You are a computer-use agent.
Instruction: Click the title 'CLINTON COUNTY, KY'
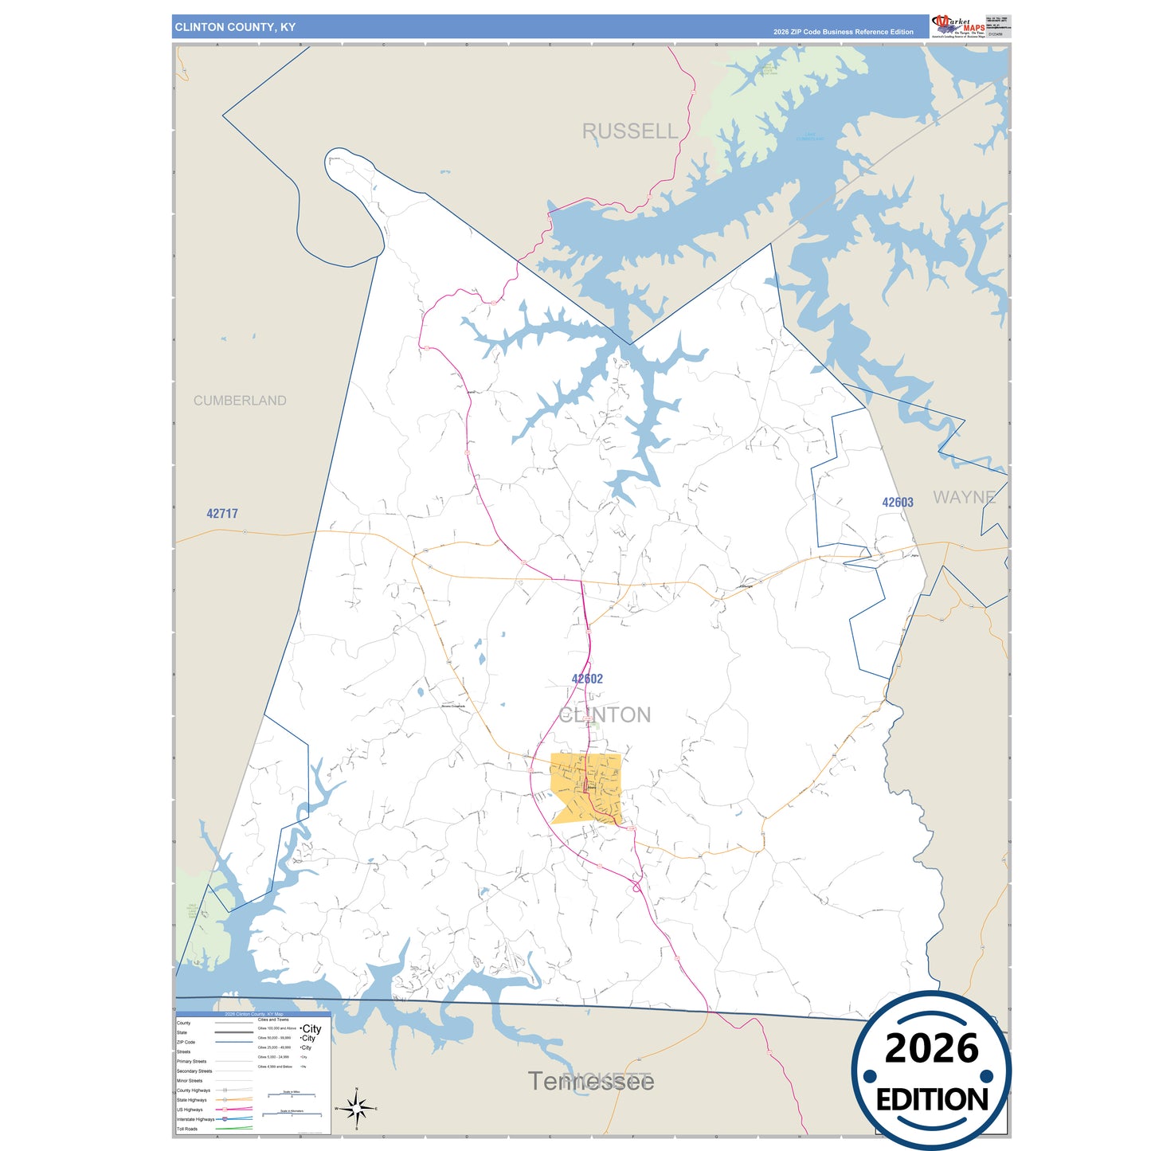tap(235, 27)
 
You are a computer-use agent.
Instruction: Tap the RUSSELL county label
tap(629, 131)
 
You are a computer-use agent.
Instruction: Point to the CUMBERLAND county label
tap(240, 401)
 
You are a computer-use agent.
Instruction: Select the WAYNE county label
tap(964, 497)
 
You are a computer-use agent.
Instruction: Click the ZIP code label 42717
tap(222, 514)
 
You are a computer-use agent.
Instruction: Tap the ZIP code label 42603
tap(898, 503)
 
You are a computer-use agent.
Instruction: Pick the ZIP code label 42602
tap(587, 679)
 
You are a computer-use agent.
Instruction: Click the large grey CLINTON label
tap(605, 714)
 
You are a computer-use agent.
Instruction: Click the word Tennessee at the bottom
tap(590, 1081)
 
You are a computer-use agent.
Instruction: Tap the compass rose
tap(357, 1108)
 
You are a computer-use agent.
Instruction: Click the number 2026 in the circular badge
tap(931, 1048)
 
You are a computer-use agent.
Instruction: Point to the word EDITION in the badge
tap(932, 1100)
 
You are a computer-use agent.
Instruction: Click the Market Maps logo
tap(957, 26)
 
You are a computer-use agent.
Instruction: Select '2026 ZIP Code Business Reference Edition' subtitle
tap(843, 32)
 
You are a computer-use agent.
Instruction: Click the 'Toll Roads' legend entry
tap(187, 1129)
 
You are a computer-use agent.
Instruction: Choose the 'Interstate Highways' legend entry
tap(194, 1119)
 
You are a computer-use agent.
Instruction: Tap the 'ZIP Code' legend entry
tap(186, 1042)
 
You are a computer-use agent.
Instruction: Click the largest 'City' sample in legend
tap(311, 1029)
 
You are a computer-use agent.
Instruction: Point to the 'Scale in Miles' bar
tap(291, 1094)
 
